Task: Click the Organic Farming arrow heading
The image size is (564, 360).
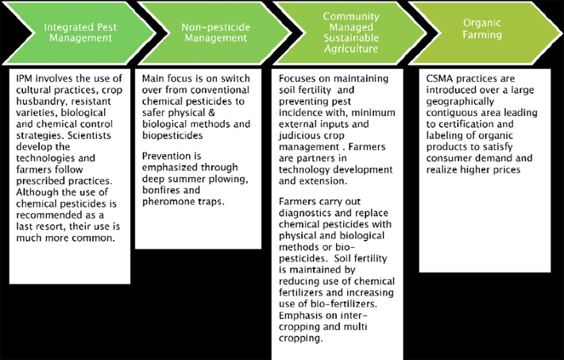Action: pos(482,29)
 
